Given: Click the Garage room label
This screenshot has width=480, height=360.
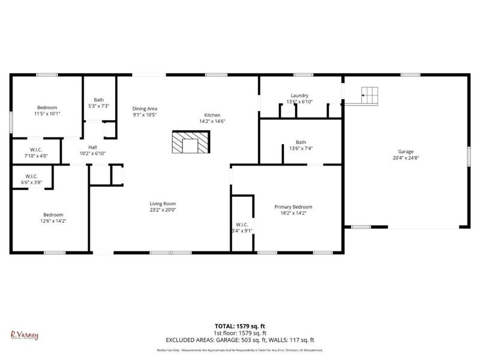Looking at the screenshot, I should click(406, 152).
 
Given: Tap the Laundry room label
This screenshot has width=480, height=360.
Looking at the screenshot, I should click(299, 95).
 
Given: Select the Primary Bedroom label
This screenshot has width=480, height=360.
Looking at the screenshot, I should click(293, 207).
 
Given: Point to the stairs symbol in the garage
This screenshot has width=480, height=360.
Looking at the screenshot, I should click(370, 95).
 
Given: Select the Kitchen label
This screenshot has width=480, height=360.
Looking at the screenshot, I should click(212, 115).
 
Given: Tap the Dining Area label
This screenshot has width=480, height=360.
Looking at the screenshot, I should click(145, 108).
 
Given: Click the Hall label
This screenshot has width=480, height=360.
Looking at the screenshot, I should click(92, 146).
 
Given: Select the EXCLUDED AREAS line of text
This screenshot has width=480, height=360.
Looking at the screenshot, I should click(240, 340).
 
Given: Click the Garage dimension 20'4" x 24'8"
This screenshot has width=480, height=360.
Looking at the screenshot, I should click(406, 158).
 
